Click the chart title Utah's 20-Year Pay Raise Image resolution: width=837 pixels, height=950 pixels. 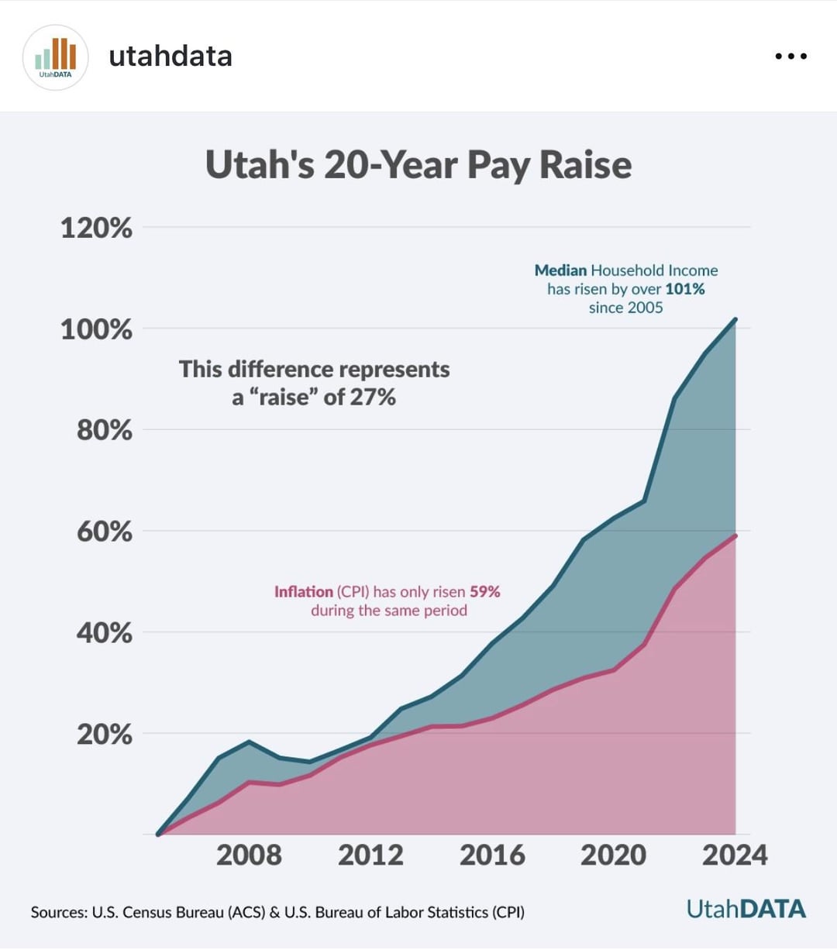coord(418,165)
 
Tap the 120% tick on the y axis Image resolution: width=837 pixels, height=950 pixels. coord(97,229)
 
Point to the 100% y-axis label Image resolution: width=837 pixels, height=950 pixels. coord(97,329)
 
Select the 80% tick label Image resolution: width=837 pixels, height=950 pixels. coord(105,431)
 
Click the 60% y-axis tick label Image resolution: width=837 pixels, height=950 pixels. coord(105,532)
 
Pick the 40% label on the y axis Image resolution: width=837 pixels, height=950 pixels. coord(105,633)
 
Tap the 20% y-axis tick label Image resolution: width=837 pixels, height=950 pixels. coord(105,734)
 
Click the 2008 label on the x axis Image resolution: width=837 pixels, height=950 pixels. coord(249,855)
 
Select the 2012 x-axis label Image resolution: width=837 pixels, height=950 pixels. coord(370,855)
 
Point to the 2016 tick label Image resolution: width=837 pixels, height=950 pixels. coord(492,855)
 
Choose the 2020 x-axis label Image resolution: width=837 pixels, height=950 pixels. coord(613,855)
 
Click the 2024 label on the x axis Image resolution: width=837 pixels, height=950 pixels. coord(735,855)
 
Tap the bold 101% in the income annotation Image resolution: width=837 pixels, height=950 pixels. coord(685,289)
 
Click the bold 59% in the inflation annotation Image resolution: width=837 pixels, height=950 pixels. coord(485,592)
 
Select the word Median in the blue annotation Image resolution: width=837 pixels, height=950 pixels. coord(561,270)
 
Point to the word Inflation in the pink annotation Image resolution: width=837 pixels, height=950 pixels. coord(304,592)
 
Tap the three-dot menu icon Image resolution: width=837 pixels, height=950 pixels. coord(791,57)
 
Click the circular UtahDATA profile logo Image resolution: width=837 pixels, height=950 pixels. coord(55,57)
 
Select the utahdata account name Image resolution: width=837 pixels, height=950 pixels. coord(170,57)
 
